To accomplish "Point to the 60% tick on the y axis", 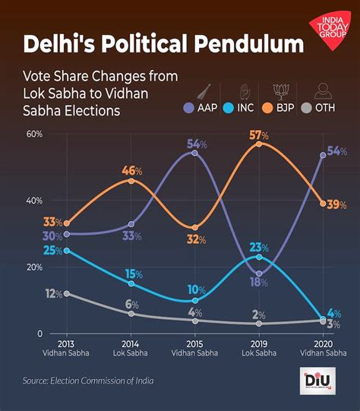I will (33, 134).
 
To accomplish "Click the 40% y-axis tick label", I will (33, 201).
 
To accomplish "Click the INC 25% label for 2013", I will (52, 251).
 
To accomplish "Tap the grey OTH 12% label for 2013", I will (53, 294).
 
